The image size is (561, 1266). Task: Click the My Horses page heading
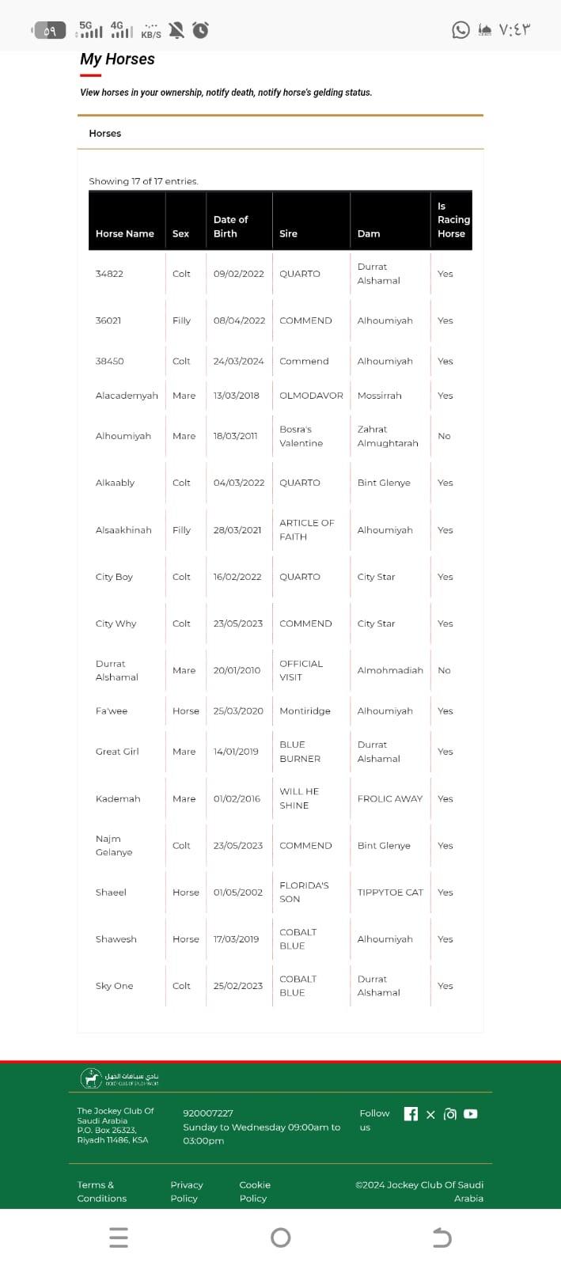tap(117, 59)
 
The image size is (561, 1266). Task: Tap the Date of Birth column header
tap(230, 226)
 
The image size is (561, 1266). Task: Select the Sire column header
tap(288, 233)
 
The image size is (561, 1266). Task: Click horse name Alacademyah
tap(127, 396)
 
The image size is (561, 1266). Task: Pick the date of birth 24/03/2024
tap(238, 361)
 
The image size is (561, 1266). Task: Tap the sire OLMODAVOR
tap(311, 396)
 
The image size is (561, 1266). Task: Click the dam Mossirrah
tap(379, 396)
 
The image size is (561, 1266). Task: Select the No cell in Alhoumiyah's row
tap(444, 436)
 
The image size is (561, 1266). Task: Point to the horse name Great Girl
tap(117, 752)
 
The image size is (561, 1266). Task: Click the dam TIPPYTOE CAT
tap(390, 893)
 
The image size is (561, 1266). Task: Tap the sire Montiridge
tap(305, 711)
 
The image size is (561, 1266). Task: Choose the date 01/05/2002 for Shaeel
tap(237, 893)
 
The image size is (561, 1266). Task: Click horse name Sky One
tap(114, 986)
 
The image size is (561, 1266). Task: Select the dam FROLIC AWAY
tap(389, 799)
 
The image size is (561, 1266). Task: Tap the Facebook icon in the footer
tap(411, 1114)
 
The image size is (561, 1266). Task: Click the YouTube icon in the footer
tap(471, 1114)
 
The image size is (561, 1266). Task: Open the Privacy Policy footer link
tap(187, 1192)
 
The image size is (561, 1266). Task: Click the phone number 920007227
tap(208, 1113)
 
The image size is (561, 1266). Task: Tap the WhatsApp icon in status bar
tap(461, 30)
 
